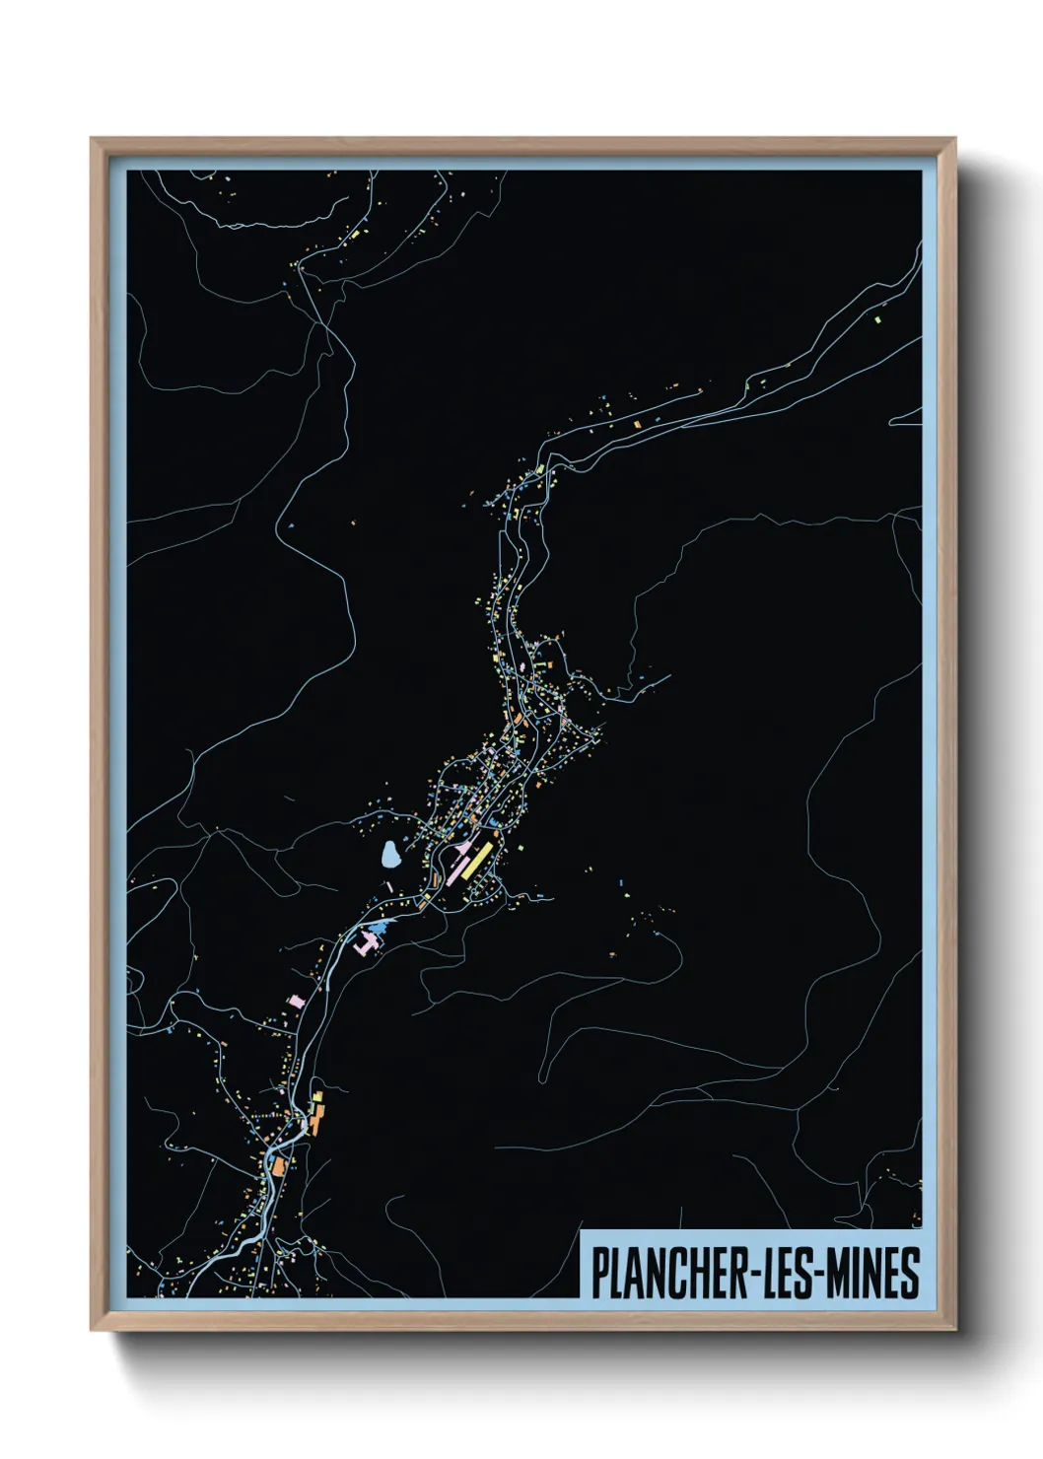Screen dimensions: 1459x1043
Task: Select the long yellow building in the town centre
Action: pos(475,859)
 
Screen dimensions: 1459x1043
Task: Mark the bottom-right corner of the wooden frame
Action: pos(953,1329)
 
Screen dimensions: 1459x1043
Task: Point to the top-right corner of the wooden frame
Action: pos(953,140)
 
